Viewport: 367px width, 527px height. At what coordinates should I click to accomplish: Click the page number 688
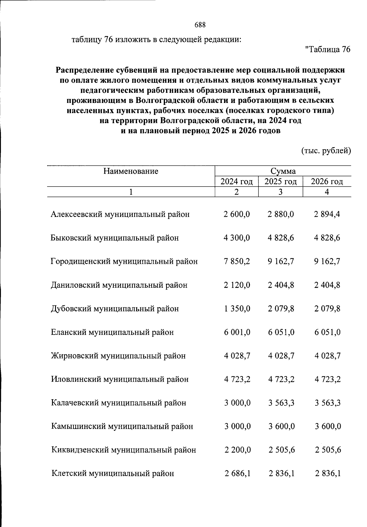[200, 25]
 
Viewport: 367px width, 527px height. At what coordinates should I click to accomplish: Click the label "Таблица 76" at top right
[328, 50]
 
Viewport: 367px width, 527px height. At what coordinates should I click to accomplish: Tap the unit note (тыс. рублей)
[326, 151]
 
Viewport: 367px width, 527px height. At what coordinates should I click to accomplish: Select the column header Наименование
[131, 171]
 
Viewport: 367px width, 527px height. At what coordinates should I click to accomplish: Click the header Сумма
[283, 171]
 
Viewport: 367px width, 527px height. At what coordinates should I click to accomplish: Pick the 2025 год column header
[280, 182]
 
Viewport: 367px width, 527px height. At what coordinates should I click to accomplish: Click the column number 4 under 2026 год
[327, 192]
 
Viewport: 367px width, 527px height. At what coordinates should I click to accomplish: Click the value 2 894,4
[327, 214]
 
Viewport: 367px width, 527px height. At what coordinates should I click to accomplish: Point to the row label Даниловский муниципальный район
[119, 285]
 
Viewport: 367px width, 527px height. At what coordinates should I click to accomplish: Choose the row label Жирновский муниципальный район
[118, 356]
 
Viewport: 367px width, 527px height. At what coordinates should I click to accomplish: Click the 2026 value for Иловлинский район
[328, 379]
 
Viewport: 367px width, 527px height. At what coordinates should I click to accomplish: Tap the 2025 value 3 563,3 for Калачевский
[281, 403]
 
